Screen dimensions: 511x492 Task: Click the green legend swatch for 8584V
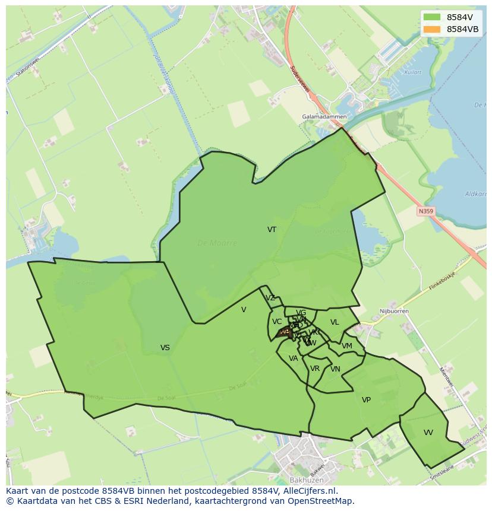pos(432,17)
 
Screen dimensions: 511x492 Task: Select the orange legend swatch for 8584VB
pos(432,29)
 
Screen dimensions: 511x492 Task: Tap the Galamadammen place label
pos(324,117)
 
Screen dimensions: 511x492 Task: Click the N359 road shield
pos(425,211)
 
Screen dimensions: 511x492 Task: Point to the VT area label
pos(272,230)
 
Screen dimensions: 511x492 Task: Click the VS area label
pos(165,348)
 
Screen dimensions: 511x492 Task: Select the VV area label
pos(428,433)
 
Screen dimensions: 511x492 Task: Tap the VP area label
pos(366,400)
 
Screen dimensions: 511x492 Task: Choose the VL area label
pos(335,322)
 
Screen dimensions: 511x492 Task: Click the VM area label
pos(347,346)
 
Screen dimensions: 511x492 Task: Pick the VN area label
pos(335,369)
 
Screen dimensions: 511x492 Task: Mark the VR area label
pos(315,369)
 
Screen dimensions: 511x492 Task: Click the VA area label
pos(293,358)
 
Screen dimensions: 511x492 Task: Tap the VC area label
pos(277,322)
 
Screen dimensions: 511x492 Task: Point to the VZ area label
pos(270,298)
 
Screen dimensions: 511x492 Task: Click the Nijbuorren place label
pos(392,311)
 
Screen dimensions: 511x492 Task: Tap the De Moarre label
pos(217,243)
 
